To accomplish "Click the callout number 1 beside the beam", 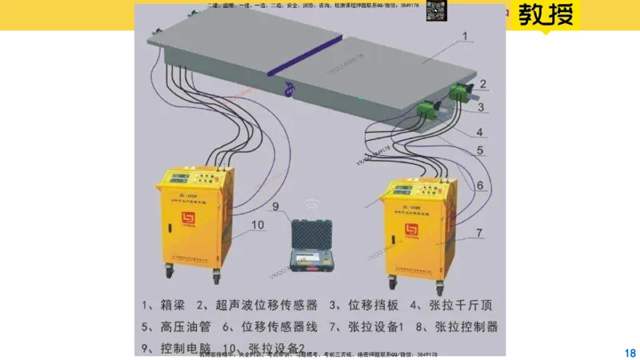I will click(x=466, y=36).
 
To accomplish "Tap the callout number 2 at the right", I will click(x=482, y=82).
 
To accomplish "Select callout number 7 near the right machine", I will click(x=478, y=233).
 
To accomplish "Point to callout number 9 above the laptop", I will click(x=275, y=208).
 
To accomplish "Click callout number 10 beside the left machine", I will click(x=257, y=225).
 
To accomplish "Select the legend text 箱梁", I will click(x=176, y=305).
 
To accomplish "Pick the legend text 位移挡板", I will click(x=371, y=305).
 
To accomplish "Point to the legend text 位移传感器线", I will click(x=279, y=326).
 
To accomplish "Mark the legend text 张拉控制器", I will click(x=467, y=326).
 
